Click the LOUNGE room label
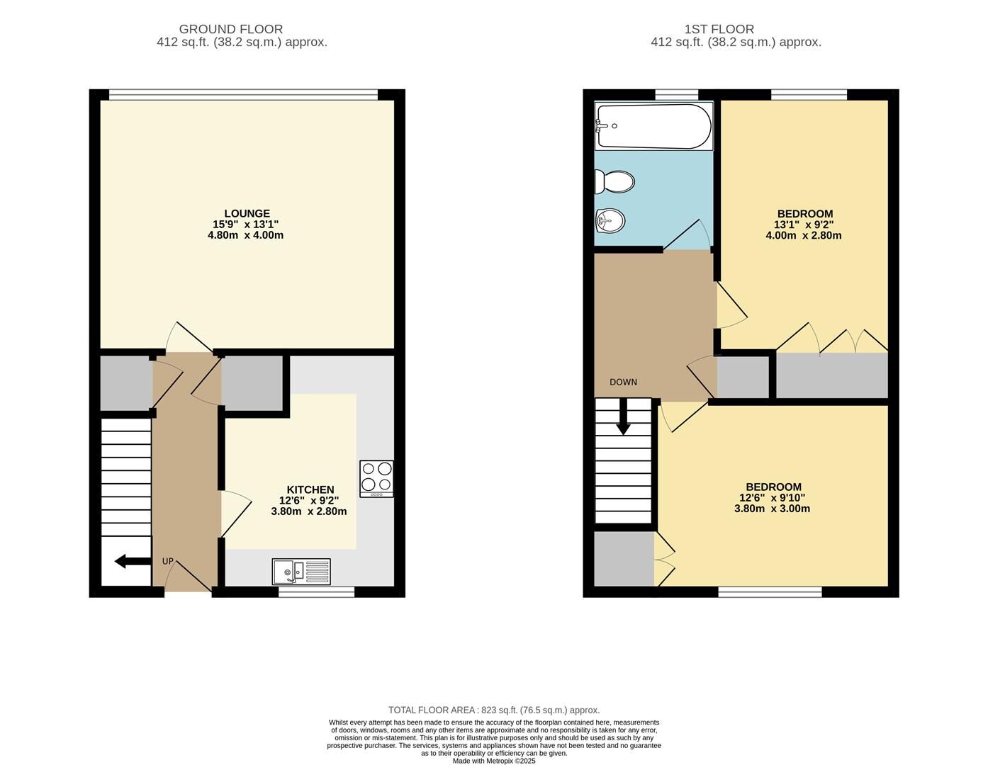click(247, 213)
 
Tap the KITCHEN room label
click(310, 489)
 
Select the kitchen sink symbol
click(301, 572)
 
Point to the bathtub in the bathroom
click(653, 126)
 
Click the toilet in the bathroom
click(614, 182)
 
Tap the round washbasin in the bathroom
click(610, 221)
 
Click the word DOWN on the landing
click(623, 382)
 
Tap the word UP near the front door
click(168, 561)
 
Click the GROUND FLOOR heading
click(230, 29)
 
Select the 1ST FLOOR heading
click(719, 29)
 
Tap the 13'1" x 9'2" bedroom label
click(804, 225)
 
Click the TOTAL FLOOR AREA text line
click(493, 710)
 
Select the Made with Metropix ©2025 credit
click(494, 761)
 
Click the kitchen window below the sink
click(316, 591)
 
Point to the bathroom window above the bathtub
click(676, 94)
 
